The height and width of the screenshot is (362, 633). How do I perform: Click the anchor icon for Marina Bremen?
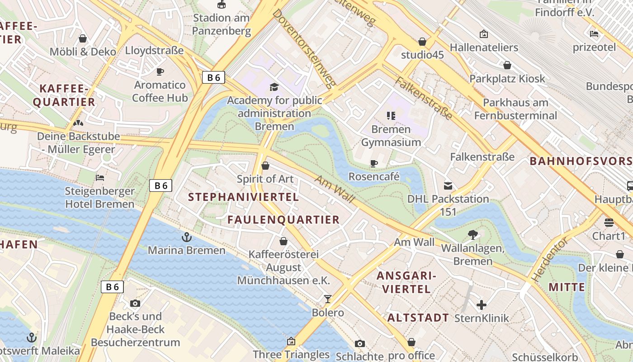186,237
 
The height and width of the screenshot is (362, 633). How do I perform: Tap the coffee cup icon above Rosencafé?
374,163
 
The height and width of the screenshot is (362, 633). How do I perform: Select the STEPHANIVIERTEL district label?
244,197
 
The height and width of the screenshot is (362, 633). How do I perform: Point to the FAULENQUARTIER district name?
283,219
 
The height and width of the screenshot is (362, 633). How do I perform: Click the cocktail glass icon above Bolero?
328,299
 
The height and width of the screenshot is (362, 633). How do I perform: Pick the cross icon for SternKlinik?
482,305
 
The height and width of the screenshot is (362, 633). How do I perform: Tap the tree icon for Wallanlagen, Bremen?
473,234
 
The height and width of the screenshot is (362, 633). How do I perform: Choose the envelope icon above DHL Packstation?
448,186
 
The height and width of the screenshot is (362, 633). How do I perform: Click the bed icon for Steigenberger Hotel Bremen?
100,178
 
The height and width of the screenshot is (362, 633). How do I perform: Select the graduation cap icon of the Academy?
274,87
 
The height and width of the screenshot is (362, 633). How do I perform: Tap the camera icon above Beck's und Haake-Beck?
135,303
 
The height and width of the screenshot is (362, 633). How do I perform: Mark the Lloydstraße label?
154,50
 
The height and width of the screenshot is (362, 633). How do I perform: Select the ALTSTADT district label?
418,318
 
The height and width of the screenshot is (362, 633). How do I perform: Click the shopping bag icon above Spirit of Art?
265,166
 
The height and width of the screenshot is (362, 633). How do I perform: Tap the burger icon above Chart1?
609,223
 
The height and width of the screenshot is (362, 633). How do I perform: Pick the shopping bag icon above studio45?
422,42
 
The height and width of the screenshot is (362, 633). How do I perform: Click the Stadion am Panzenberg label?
222,24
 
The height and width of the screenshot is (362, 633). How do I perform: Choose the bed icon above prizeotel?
594,34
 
